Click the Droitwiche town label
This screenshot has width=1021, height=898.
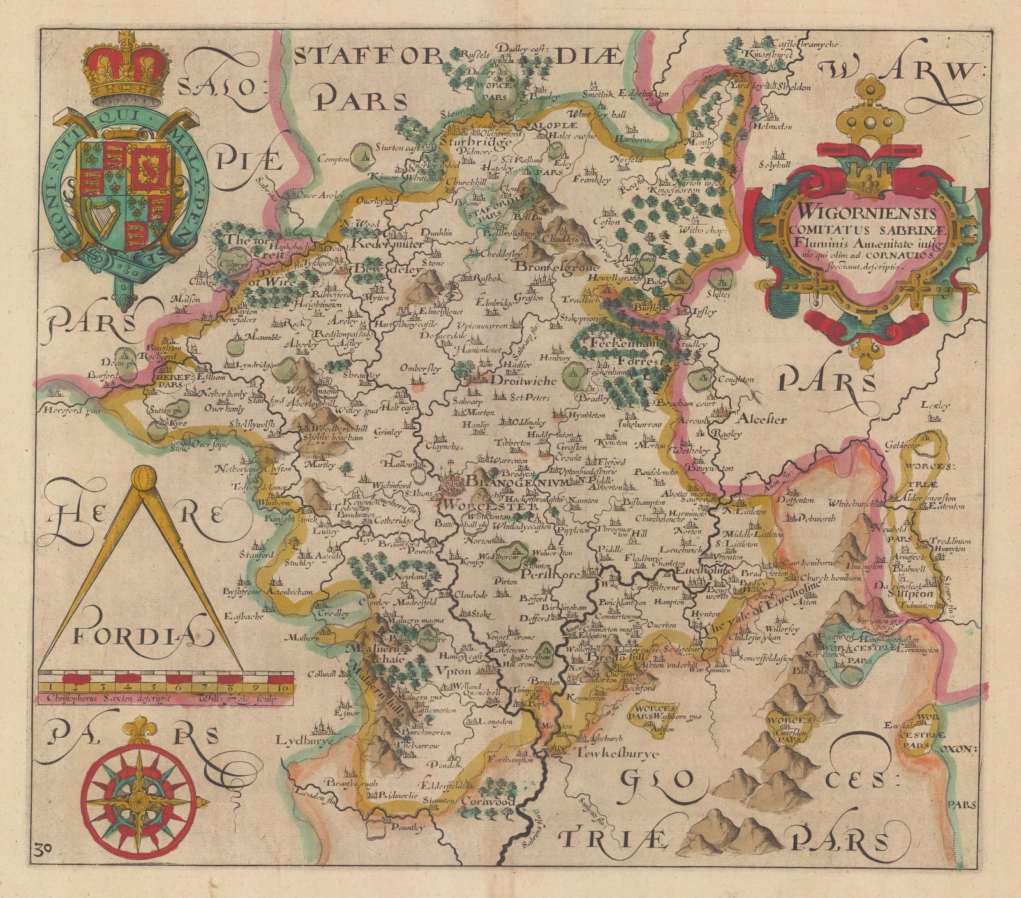[x=524, y=380]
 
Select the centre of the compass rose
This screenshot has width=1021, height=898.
[x=138, y=800]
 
